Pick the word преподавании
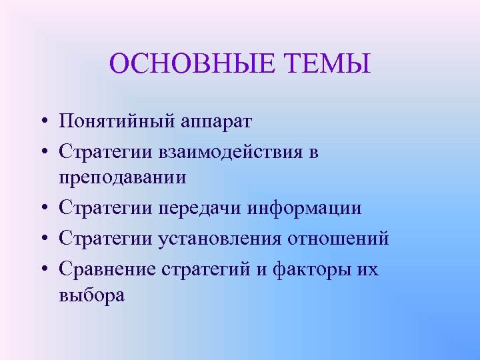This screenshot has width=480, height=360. click(121, 177)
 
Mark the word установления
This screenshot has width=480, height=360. click(220, 238)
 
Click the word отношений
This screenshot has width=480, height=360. click(338, 238)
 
